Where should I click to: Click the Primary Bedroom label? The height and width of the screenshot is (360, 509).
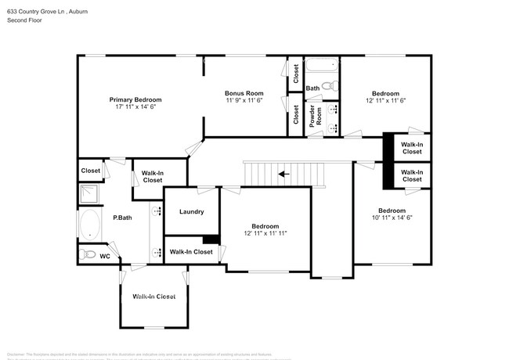pos(135,99)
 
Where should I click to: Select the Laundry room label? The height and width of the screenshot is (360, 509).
pos(191,211)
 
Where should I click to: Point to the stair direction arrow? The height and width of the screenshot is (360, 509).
pos(284,174)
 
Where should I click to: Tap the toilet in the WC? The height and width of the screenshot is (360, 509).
pos(88,255)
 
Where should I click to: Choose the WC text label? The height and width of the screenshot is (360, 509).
pos(104,256)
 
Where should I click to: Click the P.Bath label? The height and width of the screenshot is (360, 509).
pos(121,218)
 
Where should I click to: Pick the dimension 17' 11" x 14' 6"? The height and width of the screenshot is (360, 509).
pos(135,107)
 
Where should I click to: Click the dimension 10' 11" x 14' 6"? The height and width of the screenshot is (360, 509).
pos(392,218)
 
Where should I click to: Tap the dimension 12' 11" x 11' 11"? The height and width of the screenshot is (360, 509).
pos(265,233)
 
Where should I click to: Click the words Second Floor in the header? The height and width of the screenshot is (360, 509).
pos(26,20)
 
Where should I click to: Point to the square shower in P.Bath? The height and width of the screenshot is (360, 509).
pos(88,193)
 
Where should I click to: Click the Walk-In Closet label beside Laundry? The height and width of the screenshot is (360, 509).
pos(191,251)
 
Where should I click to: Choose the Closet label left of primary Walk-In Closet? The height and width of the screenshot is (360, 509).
pos(91,170)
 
